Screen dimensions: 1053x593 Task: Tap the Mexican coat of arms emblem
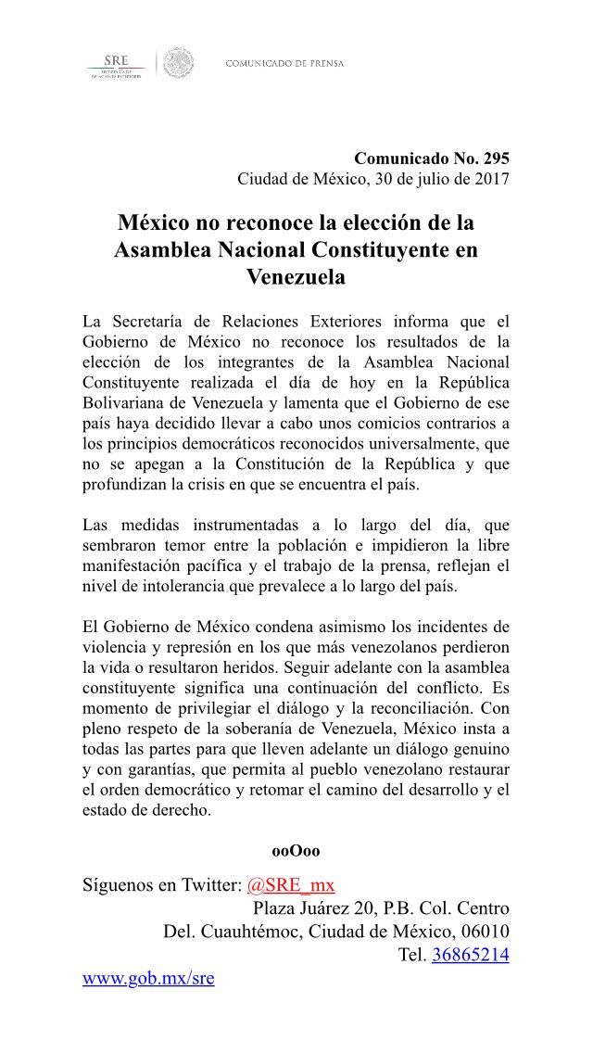(x=179, y=63)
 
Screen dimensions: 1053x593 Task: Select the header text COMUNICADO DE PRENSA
(x=284, y=63)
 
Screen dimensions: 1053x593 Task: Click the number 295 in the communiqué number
(x=493, y=158)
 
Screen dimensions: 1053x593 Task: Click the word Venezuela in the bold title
(x=296, y=276)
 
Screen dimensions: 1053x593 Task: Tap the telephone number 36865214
(x=470, y=955)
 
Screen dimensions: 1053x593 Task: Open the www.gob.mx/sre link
(x=148, y=978)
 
